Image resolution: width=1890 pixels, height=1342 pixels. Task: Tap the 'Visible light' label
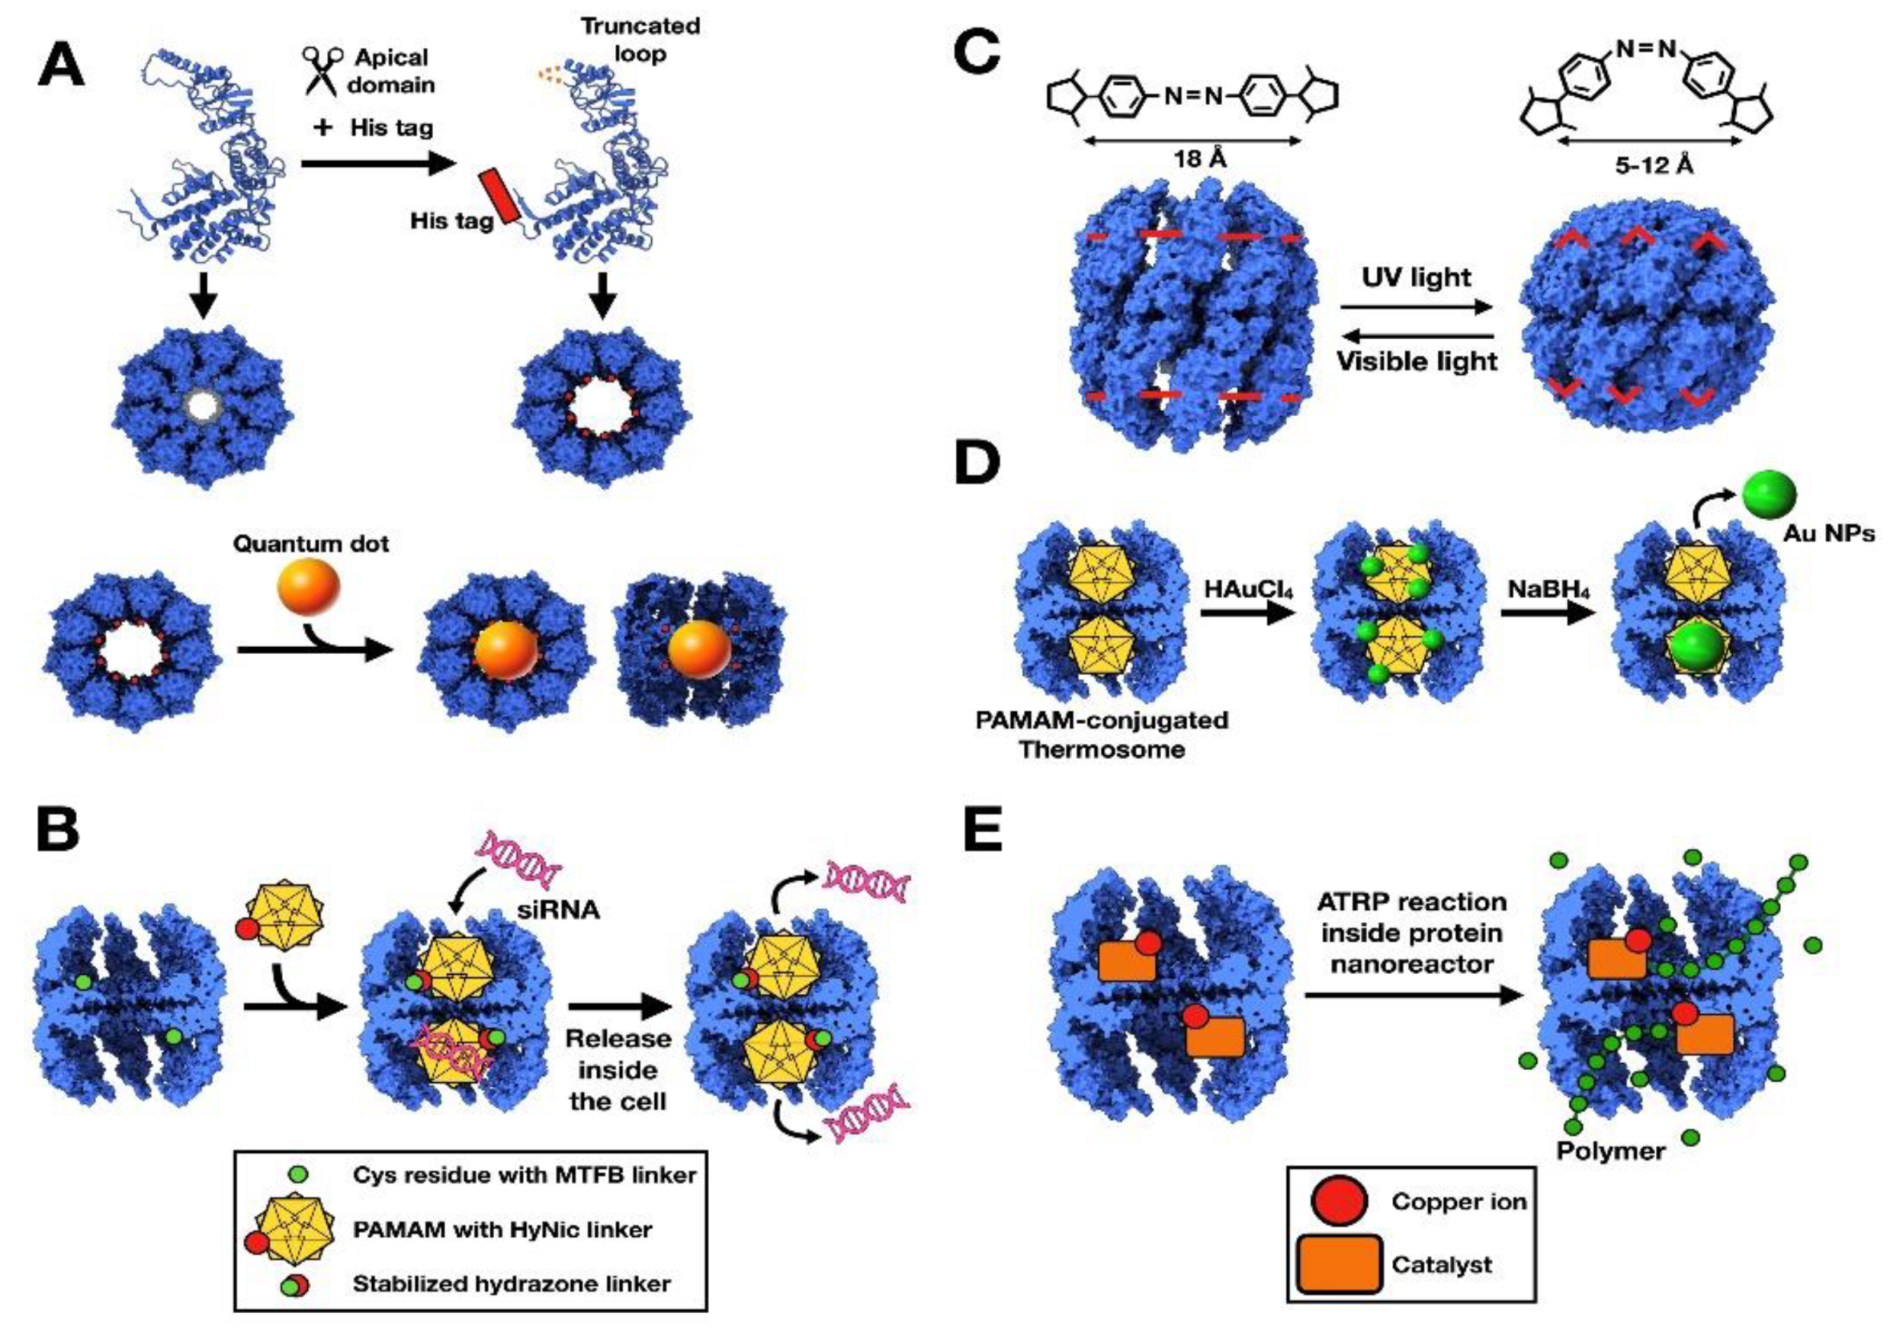click(x=1416, y=361)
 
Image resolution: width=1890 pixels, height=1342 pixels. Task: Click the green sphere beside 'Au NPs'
click(x=1770, y=495)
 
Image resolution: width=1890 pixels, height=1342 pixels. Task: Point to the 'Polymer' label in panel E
click(x=1611, y=1150)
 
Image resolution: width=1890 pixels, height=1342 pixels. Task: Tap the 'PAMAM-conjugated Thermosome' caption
click(x=1102, y=734)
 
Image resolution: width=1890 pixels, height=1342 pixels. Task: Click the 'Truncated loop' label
click(x=640, y=39)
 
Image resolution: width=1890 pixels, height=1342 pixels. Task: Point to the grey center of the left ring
click(x=204, y=406)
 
